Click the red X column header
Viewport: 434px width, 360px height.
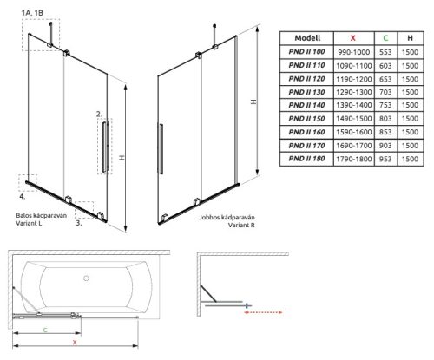click(x=353, y=38)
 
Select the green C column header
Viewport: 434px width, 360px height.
click(x=385, y=38)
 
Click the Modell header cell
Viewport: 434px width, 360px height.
click(x=307, y=38)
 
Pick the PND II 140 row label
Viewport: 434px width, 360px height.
click(x=306, y=105)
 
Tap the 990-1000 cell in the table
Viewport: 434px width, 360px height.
click(x=354, y=52)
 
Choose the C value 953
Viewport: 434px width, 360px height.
click(x=385, y=159)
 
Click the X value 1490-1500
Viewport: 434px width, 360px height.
click(x=354, y=119)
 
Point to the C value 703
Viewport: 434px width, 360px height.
click(x=385, y=92)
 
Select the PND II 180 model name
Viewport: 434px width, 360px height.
click(x=306, y=159)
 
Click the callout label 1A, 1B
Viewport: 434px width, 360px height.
click(x=32, y=13)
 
